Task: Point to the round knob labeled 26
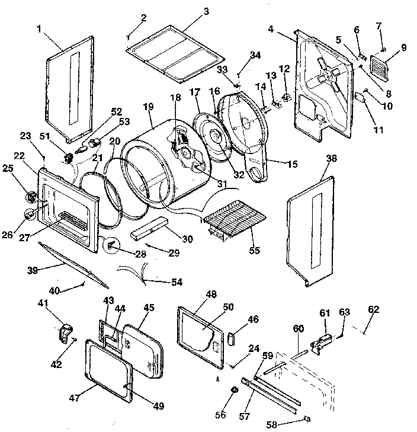tap(28, 214)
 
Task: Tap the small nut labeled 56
tap(233, 390)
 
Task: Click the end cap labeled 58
tap(307, 419)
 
